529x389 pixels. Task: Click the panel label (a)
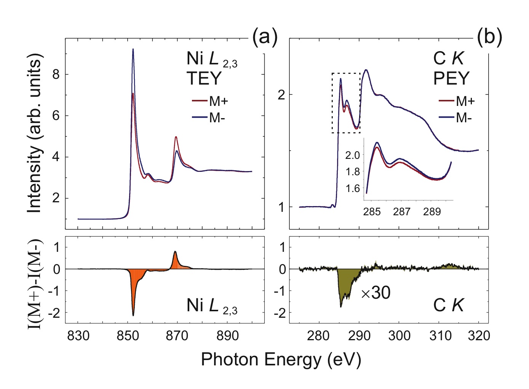coord(265,37)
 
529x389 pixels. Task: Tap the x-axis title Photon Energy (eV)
coord(281,359)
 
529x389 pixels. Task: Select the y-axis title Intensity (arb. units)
coord(35,133)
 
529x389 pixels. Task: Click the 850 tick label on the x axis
coord(128,336)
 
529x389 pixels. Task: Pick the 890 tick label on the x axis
coord(227,336)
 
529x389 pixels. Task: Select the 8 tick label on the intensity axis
coord(56,74)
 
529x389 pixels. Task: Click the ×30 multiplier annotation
coord(376,293)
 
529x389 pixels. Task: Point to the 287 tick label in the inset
coord(401,212)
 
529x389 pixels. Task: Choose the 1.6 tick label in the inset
coord(352,189)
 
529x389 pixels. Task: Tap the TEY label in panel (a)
coord(204,78)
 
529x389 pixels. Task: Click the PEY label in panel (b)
coord(451,78)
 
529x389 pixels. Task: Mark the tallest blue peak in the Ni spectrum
coord(133,49)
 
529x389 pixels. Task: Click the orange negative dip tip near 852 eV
coord(133,315)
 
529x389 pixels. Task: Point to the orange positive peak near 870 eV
coord(175,252)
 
